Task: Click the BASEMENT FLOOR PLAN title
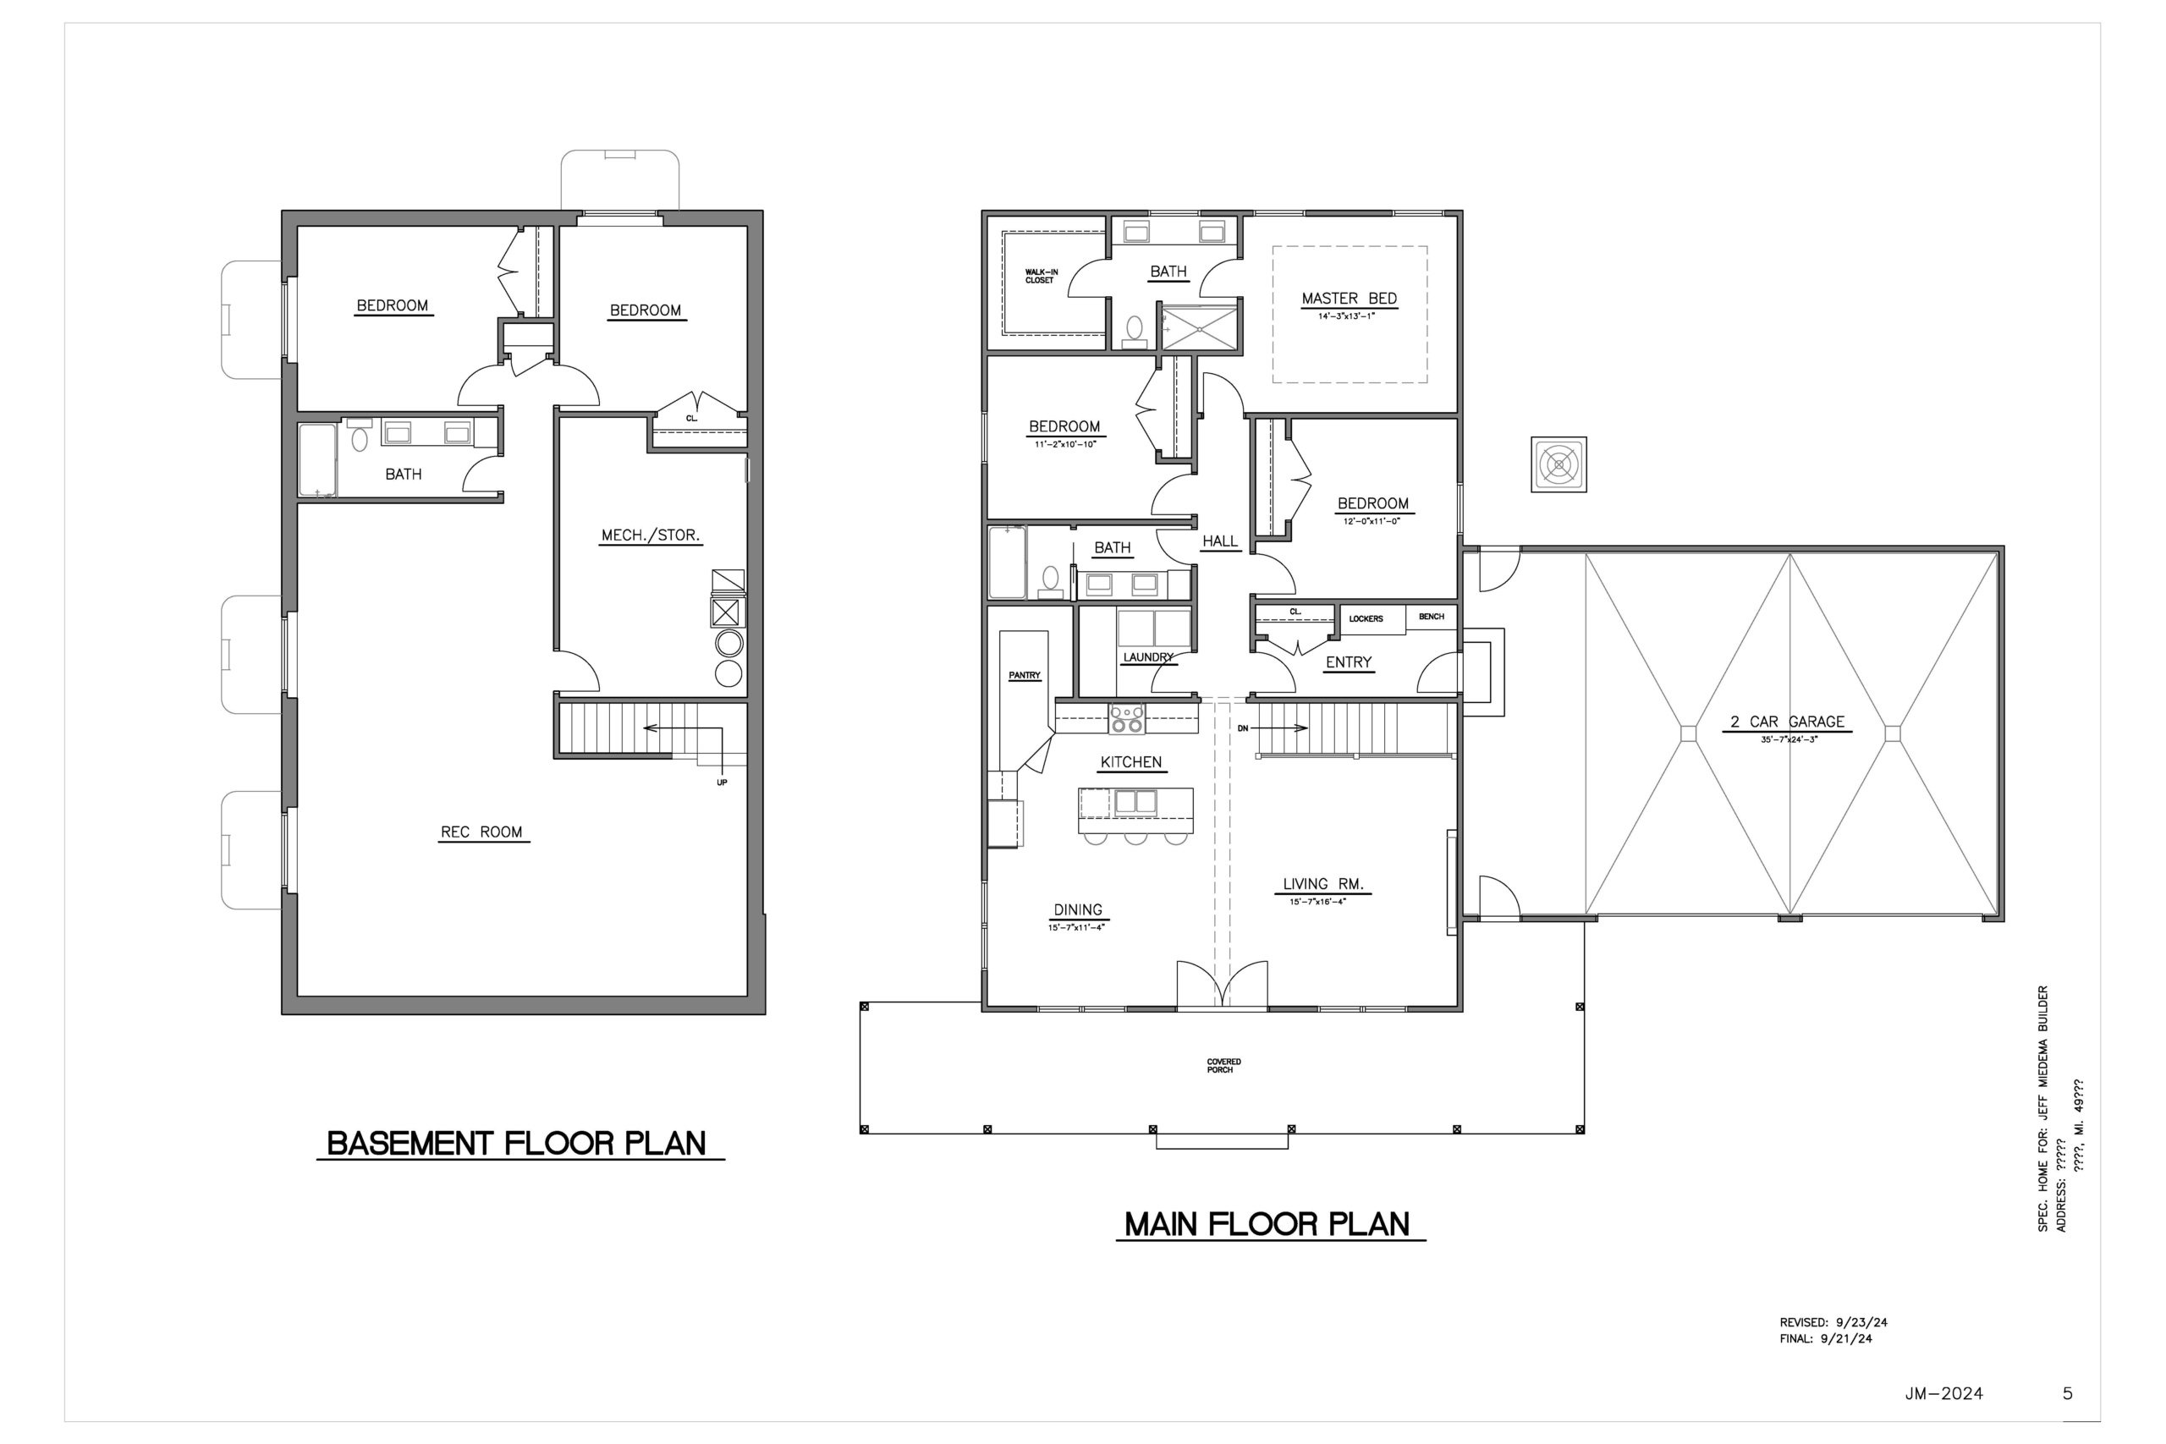(517, 1144)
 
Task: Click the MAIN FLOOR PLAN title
(1267, 1224)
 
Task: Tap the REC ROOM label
(481, 832)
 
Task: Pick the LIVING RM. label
(1323, 884)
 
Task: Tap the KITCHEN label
(1131, 762)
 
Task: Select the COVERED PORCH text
(1224, 1066)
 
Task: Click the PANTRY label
(1024, 675)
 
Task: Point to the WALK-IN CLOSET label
(1042, 277)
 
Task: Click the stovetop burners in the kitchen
(1126, 718)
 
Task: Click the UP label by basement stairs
(722, 782)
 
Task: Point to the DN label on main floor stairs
(1242, 728)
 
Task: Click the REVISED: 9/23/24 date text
(1833, 1322)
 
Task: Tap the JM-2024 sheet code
(1944, 1394)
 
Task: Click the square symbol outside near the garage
(1559, 464)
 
